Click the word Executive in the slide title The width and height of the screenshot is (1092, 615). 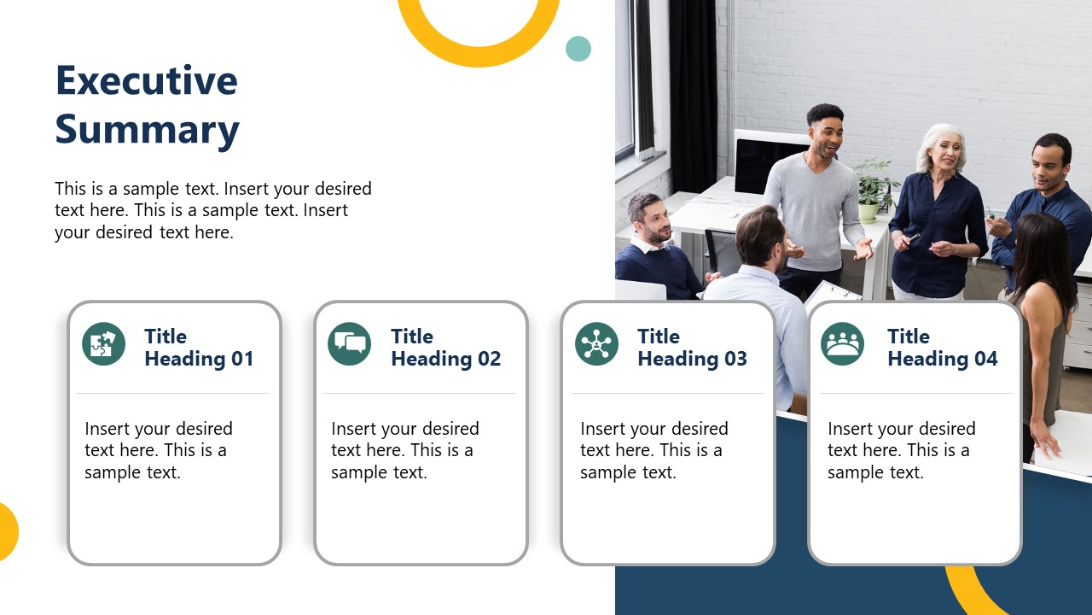[146, 80]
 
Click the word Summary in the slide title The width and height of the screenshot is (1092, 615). [147, 130]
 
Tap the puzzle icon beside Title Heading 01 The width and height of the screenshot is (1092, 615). [103, 344]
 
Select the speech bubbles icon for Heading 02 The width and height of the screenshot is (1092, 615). [350, 344]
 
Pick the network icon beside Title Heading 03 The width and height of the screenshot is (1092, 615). [596, 344]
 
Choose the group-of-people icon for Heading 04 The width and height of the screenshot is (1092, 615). [842, 344]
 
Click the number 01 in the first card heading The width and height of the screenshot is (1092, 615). [241, 359]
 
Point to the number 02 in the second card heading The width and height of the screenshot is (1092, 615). [488, 359]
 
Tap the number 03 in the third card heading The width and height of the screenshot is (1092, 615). [735, 359]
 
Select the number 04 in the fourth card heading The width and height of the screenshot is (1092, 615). [985, 359]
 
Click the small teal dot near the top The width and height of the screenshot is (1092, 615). [578, 49]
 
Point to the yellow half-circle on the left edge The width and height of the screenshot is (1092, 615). [7, 532]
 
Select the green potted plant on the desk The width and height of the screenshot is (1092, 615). [872, 188]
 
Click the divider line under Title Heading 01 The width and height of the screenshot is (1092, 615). [172, 393]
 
